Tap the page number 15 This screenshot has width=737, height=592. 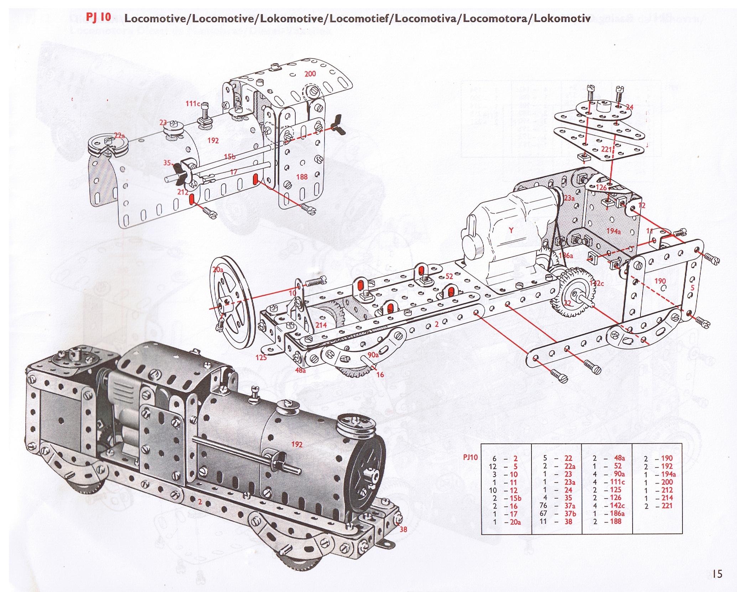point(717,573)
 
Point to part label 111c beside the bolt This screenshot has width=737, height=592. point(192,103)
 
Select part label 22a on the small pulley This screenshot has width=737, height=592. point(119,135)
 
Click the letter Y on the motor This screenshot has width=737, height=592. point(511,230)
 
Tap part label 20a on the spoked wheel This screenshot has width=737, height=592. point(218,270)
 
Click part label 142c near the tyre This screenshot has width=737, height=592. point(597,283)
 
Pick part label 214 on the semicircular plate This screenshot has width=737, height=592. point(321,325)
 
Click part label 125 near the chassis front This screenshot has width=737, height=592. point(261,357)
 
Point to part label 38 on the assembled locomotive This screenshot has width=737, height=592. point(403,529)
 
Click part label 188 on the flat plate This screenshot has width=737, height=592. point(301,177)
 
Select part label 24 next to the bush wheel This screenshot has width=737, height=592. point(629,107)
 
